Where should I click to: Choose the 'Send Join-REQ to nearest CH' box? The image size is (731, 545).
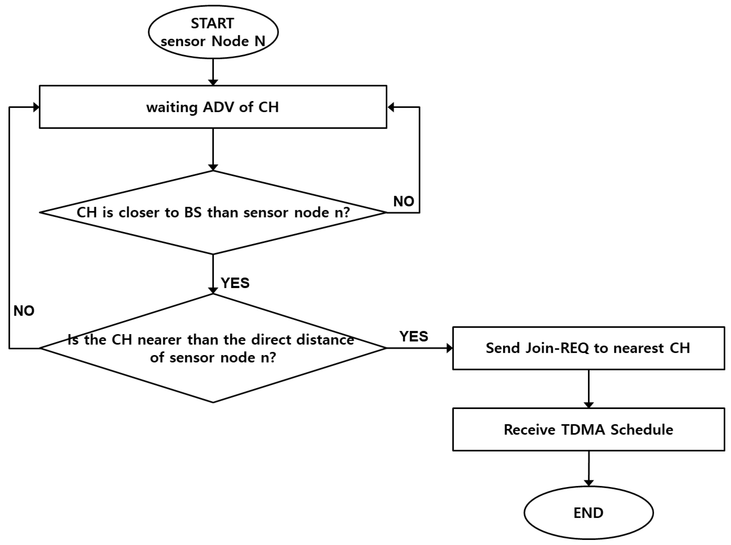[x=588, y=348]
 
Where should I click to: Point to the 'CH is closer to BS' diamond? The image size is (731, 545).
[x=213, y=213]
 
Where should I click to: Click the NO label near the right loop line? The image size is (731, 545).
[x=404, y=201]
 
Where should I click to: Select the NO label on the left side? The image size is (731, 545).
[x=24, y=311]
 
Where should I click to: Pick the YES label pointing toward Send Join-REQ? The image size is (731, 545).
[x=414, y=337]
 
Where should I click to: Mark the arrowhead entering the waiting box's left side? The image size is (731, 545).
[x=36, y=107]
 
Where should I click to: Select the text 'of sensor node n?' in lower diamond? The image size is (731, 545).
[x=213, y=358]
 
